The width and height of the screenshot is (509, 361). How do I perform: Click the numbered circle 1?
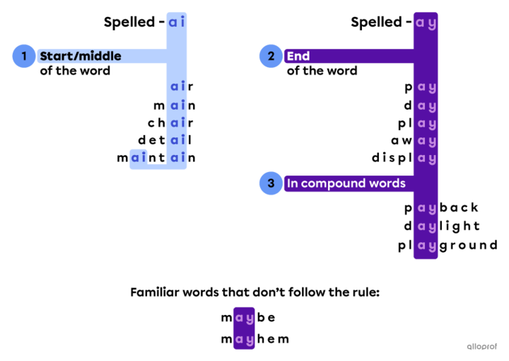click(23, 56)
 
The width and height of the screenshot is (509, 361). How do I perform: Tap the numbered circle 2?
click(270, 56)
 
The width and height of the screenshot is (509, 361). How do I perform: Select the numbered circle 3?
click(270, 183)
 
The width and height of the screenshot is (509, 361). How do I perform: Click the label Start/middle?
click(80, 56)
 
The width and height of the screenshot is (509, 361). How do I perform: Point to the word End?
click(298, 56)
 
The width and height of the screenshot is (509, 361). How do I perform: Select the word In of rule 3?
click(291, 183)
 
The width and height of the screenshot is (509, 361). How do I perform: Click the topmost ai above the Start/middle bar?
click(177, 22)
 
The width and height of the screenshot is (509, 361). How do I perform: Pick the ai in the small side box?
click(139, 157)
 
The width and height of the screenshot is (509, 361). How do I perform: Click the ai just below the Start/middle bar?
click(177, 86)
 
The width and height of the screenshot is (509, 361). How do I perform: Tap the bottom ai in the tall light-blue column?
click(177, 157)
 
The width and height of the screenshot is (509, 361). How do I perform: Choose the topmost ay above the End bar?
click(426, 23)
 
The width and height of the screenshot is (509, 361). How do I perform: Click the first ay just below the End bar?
click(426, 88)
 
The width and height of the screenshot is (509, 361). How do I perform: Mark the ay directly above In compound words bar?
click(426, 159)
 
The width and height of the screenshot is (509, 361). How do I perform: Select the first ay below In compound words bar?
click(426, 209)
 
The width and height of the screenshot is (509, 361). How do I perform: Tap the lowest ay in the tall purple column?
click(426, 246)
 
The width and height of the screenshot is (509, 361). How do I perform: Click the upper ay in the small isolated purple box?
click(244, 319)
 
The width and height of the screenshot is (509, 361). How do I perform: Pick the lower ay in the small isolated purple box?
click(244, 341)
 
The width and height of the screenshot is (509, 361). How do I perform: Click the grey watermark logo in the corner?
click(482, 346)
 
